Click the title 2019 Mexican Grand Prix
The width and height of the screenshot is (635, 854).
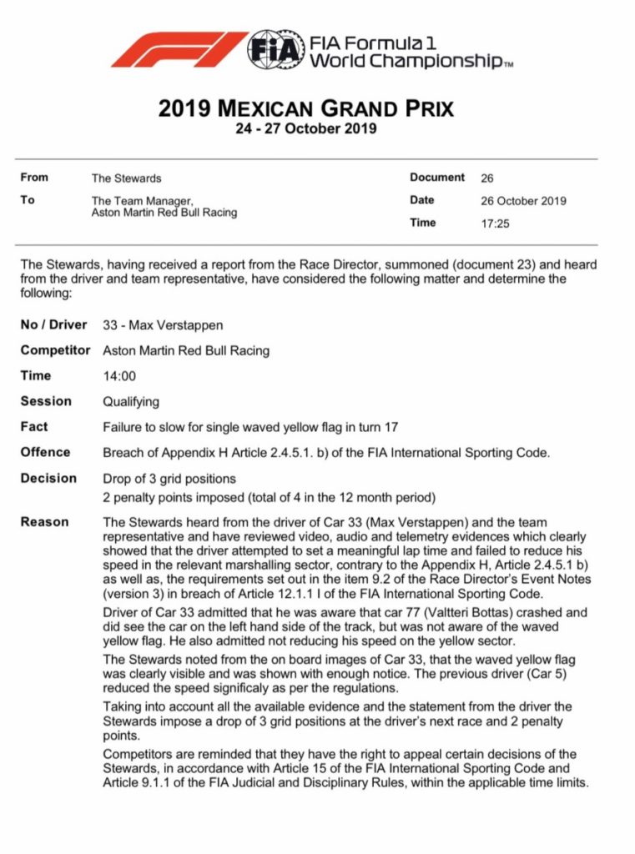306,109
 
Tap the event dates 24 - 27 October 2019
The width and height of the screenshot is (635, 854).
306,129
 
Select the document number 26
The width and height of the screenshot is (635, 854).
487,178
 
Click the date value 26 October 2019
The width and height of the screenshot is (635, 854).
523,200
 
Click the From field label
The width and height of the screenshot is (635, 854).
34,177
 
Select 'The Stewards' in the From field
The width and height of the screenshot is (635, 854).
126,178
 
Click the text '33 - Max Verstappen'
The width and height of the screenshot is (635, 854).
162,325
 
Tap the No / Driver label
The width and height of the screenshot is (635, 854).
53,325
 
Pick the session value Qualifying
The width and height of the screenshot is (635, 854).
131,401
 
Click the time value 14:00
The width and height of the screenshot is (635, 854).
119,376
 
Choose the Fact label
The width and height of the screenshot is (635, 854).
34,426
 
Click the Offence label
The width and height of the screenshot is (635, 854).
45,452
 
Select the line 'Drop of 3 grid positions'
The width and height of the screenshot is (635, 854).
169,479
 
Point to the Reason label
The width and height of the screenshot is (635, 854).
43,522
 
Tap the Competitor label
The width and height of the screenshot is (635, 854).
55,350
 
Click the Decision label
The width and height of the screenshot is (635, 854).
48,478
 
